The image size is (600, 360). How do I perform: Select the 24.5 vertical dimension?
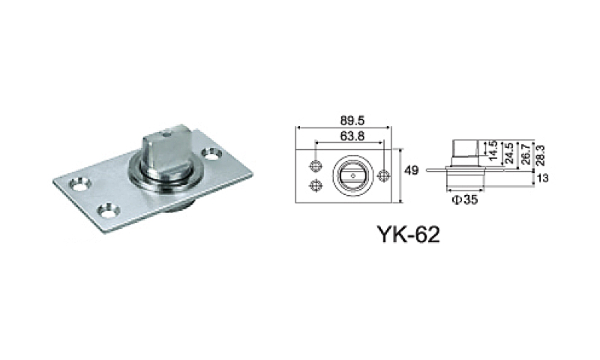(509, 152)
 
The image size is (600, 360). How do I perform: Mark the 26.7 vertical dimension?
(524, 152)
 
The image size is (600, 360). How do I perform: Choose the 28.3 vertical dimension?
(539, 152)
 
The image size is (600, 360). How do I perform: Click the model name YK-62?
(403, 233)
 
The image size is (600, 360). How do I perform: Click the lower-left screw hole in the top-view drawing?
(316, 186)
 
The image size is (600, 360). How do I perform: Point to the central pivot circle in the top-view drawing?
(350, 175)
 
